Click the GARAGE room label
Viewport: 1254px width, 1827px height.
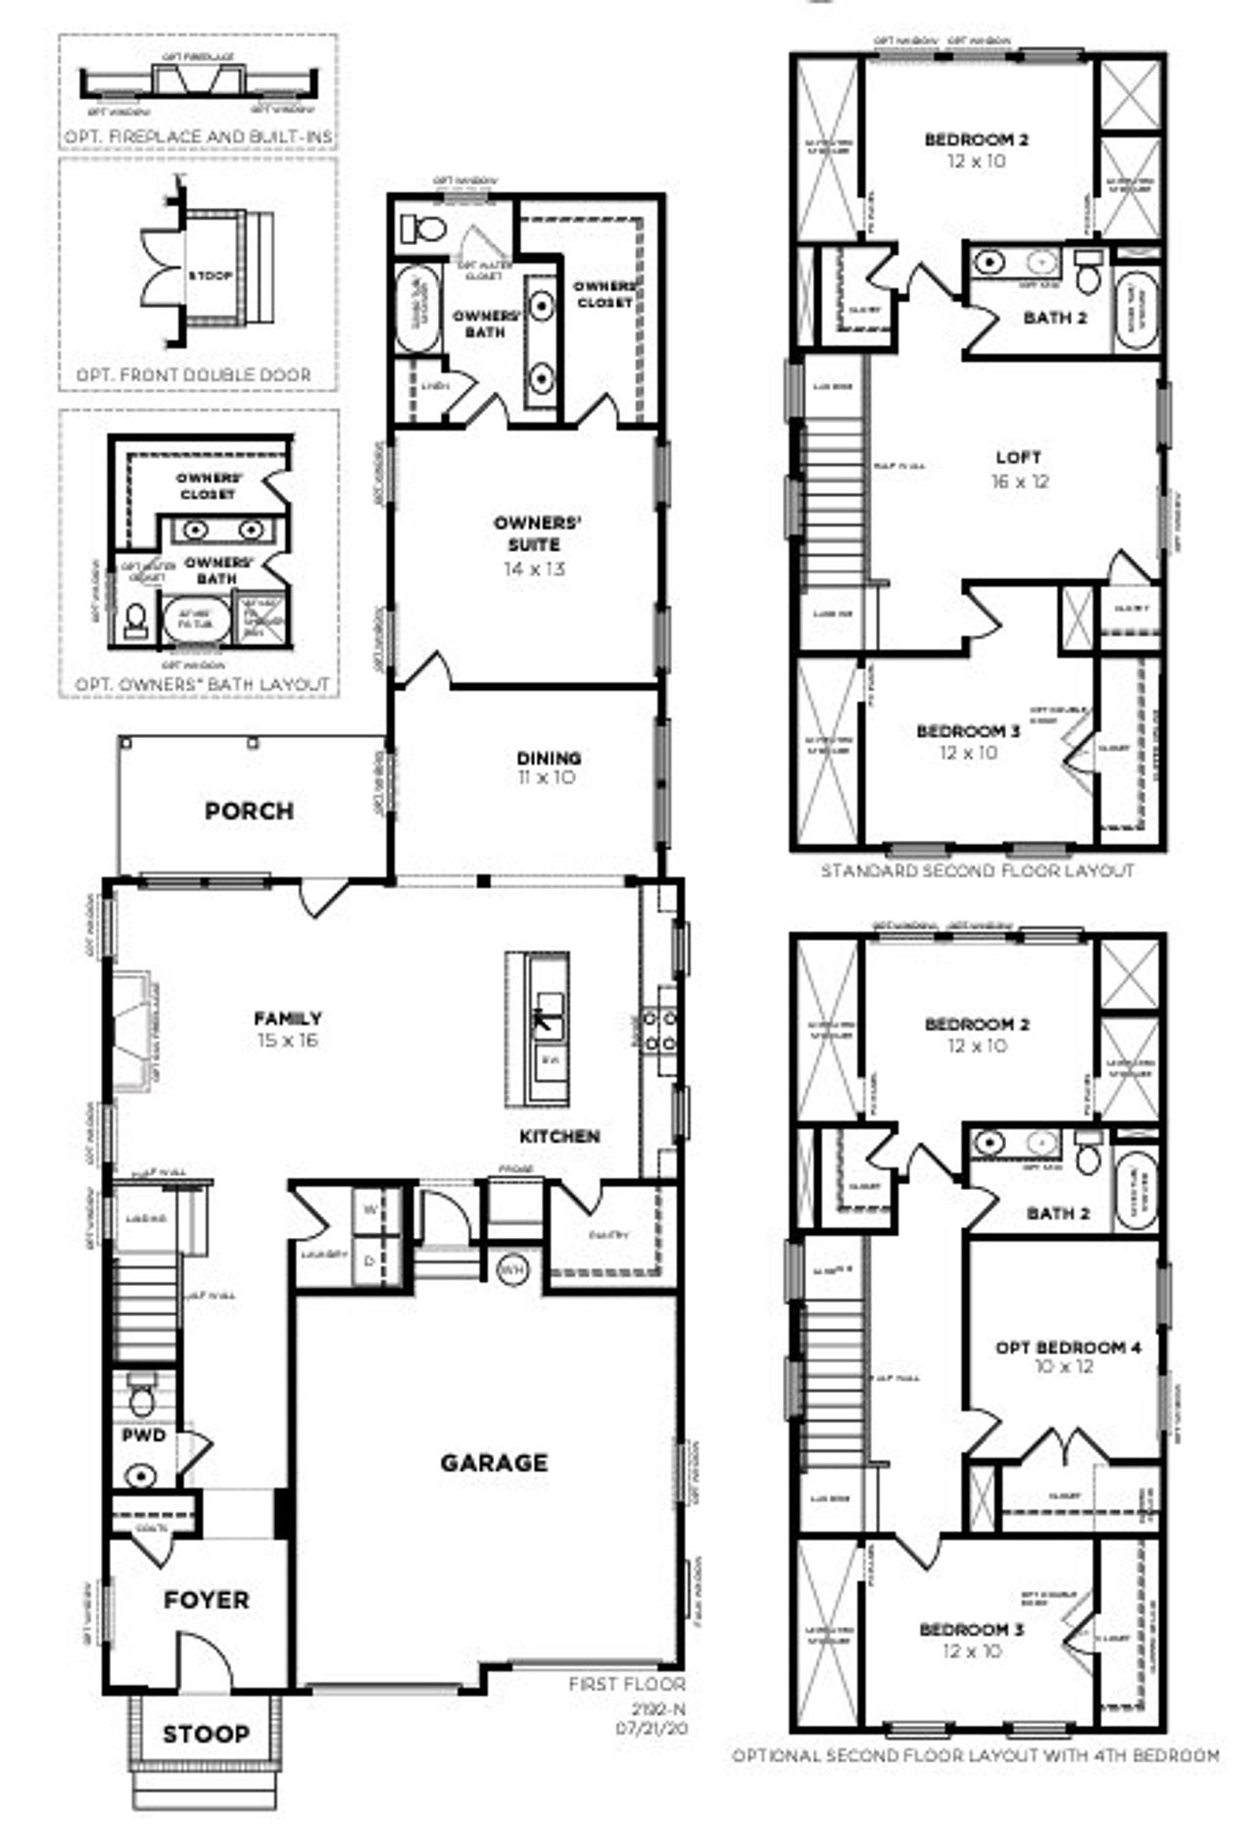point(493,1462)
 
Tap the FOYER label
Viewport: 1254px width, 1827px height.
point(206,1601)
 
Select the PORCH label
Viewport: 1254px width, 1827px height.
point(249,811)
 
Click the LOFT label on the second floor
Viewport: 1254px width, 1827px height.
point(1018,457)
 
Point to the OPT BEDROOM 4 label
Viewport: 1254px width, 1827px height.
point(1068,1347)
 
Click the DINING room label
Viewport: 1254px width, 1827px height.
point(549,758)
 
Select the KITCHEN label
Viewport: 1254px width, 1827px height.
point(559,1136)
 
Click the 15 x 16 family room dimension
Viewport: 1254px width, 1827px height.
point(287,1040)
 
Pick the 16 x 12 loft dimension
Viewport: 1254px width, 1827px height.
point(1019,481)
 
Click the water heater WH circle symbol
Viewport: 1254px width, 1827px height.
point(511,1269)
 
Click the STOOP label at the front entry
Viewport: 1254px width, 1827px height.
point(206,1734)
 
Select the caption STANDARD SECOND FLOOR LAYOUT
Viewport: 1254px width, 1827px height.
point(977,870)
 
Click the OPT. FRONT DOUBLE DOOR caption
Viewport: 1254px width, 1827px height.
point(194,374)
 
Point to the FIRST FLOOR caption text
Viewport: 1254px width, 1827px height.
point(627,1684)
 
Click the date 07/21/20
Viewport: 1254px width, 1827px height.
point(651,1728)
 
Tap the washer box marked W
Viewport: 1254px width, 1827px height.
point(369,1210)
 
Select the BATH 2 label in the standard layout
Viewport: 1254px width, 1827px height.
point(1055,318)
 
